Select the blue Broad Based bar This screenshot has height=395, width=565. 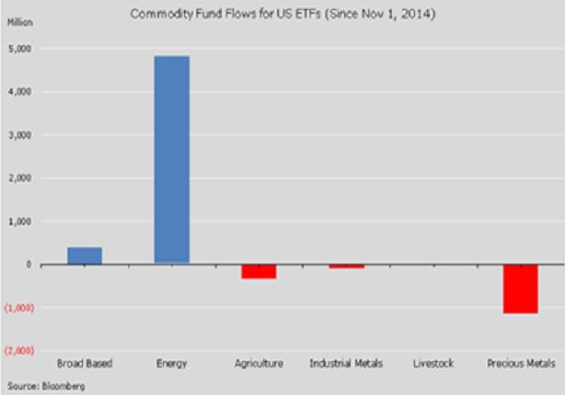(85, 255)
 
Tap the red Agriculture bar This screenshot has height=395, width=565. (259, 271)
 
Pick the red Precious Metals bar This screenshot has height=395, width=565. (520, 288)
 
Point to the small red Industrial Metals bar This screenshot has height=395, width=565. (346, 266)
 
